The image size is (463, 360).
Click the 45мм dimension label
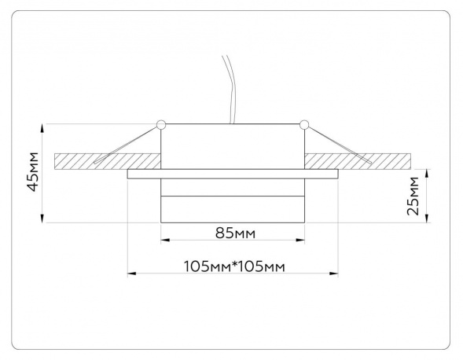(x=32, y=171)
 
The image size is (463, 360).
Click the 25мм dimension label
(x=413, y=196)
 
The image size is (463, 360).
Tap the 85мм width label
(x=235, y=233)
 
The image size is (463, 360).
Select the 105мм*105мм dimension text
(x=234, y=266)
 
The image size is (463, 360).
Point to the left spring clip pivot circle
(x=161, y=125)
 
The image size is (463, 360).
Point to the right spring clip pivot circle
(x=304, y=125)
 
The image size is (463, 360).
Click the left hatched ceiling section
(x=108, y=162)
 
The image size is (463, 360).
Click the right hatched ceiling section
(x=358, y=162)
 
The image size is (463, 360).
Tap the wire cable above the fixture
(x=230, y=89)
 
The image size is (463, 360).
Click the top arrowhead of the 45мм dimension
(x=42, y=127)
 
